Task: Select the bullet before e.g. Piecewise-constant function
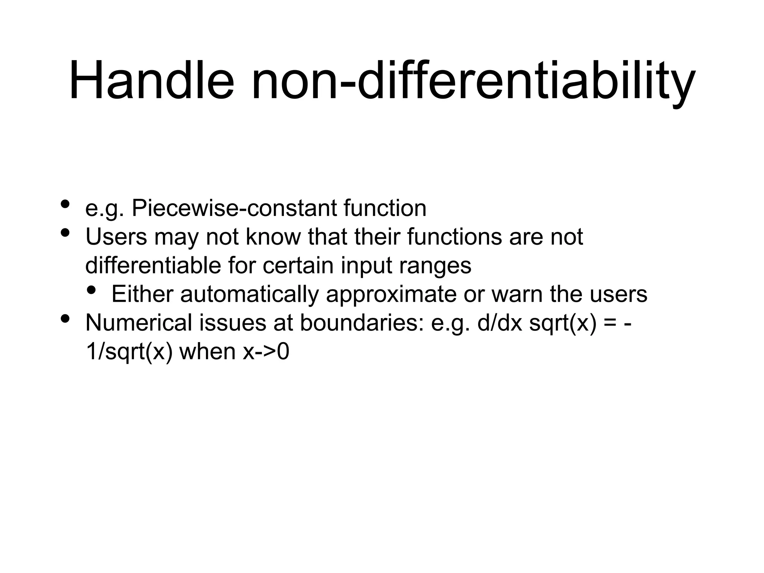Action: coord(65,204)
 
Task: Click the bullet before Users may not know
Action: coord(65,233)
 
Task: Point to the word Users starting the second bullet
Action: coord(116,237)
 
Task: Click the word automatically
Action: coord(250,294)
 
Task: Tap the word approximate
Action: coord(391,294)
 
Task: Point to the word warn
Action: coord(517,294)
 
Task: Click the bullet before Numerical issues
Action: coord(65,319)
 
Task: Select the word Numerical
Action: coord(138,323)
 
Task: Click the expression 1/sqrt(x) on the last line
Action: coord(129,352)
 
